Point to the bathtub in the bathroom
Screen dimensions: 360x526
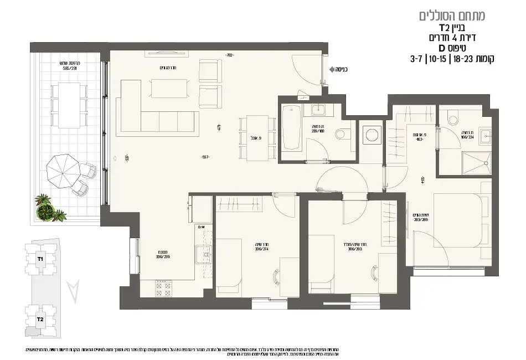tap(291, 129)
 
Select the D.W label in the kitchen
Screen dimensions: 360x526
tap(200, 227)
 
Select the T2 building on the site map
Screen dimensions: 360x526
tap(40, 320)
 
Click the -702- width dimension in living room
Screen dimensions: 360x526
tap(230, 55)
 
